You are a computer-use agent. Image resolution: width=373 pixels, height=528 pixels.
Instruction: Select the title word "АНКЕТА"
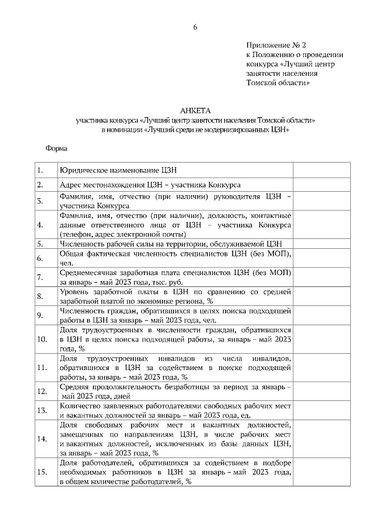coord(196,110)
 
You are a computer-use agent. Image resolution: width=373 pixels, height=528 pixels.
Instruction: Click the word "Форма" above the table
coord(57,148)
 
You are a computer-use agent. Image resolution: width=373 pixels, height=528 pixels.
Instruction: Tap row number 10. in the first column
coord(41,338)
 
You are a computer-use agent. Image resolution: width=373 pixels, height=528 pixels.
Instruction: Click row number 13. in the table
coord(41,410)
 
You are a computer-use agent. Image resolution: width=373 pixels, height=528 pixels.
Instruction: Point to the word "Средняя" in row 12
coord(74,387)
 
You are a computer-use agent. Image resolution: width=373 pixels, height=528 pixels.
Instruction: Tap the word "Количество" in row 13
coord(79,405)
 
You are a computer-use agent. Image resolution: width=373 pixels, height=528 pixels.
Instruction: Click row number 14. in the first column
coord(41,438)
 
